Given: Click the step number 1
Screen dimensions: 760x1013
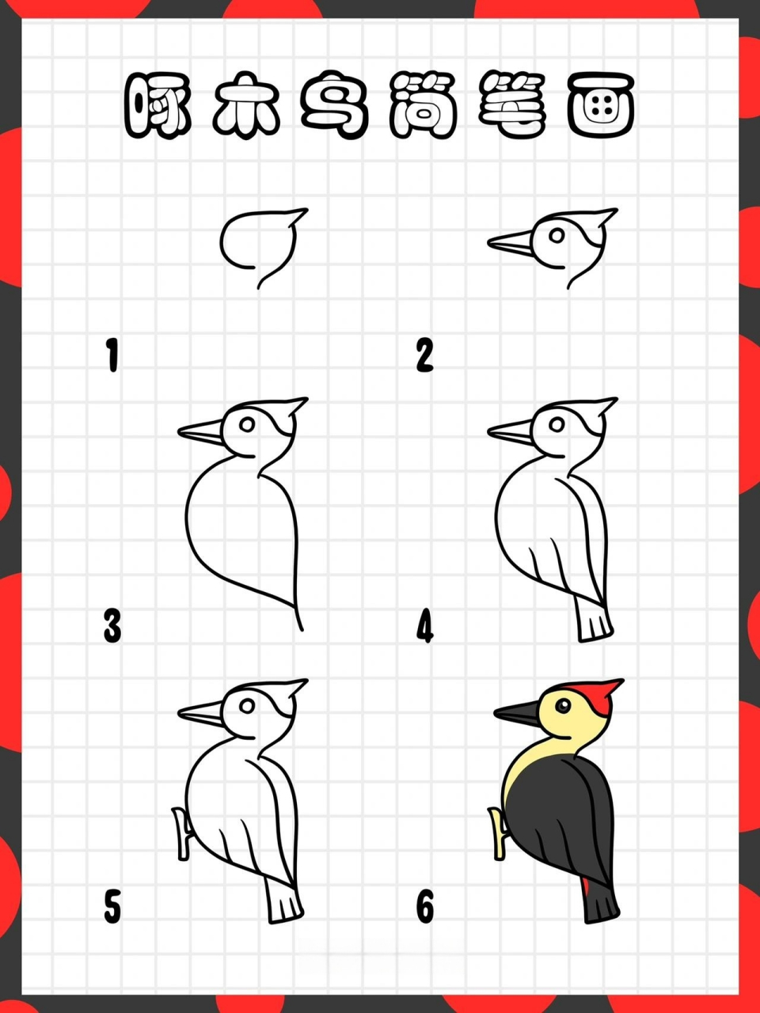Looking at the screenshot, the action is point(112,355).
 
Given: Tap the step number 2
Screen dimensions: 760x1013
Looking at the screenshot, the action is point(424,355).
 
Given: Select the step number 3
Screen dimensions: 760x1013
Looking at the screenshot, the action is point(112,626).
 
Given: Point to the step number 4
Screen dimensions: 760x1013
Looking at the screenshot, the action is point(425,626).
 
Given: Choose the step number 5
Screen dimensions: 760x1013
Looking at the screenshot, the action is point(112,907).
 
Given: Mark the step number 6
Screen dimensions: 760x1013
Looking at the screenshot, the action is point(425,907).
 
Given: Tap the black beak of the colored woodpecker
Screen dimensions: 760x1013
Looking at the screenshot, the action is point(516,714).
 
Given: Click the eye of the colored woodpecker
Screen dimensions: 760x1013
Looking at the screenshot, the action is point(563,706).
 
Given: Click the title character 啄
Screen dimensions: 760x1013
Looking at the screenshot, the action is point(158,105).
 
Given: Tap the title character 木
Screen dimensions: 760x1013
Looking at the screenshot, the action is point(247,105).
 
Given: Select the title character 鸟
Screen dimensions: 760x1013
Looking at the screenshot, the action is point(335,105).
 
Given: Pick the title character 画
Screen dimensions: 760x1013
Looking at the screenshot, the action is point(601,105).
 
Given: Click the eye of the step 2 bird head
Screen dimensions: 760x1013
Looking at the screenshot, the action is point(557,235).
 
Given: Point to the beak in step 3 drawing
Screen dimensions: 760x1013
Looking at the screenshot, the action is point(200,433).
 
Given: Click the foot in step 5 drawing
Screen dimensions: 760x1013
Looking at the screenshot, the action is point(182,833).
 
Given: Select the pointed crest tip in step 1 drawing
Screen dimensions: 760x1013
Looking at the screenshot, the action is point(307,210).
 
